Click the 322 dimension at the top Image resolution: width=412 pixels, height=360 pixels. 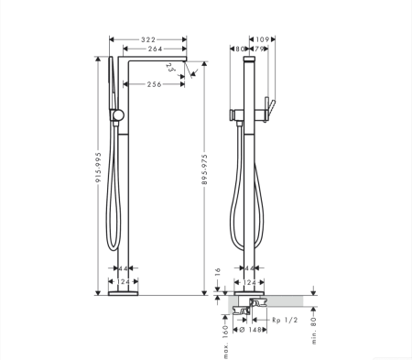147,40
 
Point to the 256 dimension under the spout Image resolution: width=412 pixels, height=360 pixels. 153,84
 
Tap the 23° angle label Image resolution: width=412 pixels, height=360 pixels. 171,68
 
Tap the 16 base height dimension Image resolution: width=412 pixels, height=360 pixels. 216,273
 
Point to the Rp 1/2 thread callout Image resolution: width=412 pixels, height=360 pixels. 286,320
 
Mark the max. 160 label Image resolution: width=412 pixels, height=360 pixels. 225,326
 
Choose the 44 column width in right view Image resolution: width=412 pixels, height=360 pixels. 251,268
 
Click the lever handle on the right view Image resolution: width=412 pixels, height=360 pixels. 268,104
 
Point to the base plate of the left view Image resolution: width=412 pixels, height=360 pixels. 123,293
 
